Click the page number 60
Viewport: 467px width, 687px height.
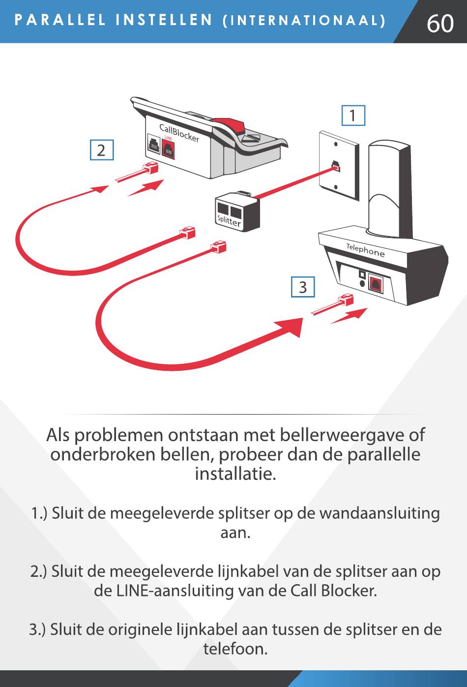[x=440, y=23]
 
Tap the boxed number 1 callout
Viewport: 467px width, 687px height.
[x=353, y=116]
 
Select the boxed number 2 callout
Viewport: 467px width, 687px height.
[x=102, y=150]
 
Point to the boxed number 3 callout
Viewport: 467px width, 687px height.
[x=303, y=287]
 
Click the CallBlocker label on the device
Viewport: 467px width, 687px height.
[x=179, y=133]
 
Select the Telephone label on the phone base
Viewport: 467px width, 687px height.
[x=365, y=250]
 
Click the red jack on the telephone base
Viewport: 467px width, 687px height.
[x=376, y=284]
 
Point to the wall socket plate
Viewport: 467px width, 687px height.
[x=338, y=165]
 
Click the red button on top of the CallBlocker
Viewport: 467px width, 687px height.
[x=229, y=124]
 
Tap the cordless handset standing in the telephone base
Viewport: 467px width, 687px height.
[x=390, y=189]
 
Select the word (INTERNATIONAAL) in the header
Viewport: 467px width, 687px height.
[x=304, y=21]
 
